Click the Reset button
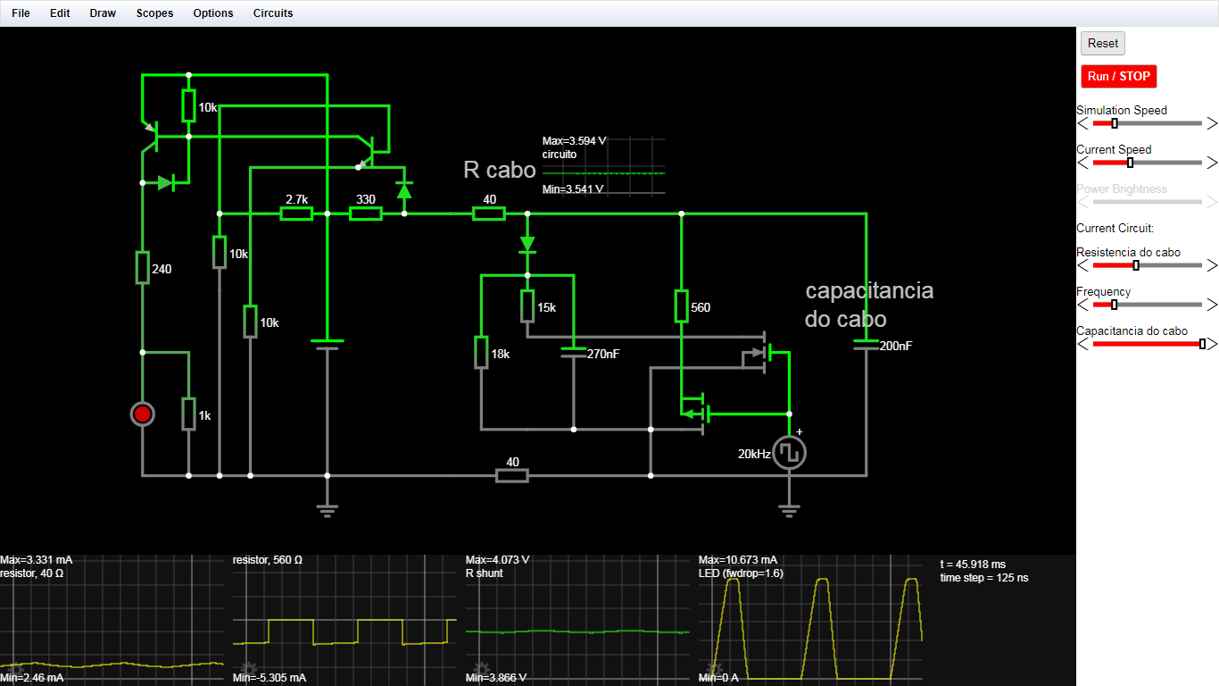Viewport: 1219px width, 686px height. click(1102, 44)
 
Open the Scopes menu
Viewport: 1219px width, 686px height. click(154, 13)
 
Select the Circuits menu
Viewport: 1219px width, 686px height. click(273, 13)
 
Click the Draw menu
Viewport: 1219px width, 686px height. click(103, 13)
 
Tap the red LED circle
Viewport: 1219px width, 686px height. click(143, 414)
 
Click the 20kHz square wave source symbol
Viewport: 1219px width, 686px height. click(789, 453)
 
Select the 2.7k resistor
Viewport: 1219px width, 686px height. click(296, 213)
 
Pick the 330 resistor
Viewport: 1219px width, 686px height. click(366, 213)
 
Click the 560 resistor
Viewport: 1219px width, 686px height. click(681, 306)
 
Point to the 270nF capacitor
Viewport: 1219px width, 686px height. click(574, 353)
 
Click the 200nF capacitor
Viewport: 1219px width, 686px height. click(866, 345)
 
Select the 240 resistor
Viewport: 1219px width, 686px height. click(143, 268)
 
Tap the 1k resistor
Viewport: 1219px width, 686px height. click(189, 414)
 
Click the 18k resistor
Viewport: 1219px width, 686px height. click(481, 353)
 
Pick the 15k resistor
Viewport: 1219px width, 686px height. click(527, 306)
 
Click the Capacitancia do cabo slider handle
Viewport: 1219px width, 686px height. click(1202, 344)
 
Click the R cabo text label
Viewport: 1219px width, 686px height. click(500, 170)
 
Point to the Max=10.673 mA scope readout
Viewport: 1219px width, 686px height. click(738, 559)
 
